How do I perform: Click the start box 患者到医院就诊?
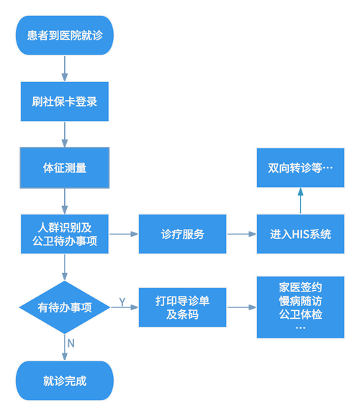pos(66,35)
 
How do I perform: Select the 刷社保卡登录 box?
pos(66,101)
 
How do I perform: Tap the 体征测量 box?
pos(66,168)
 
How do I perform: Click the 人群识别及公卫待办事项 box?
pos(66,234)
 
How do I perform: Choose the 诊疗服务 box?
pos(182,234)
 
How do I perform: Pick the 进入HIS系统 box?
pos(300,234)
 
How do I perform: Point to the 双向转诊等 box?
pos(300,168)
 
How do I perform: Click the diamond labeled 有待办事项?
pos(66,307)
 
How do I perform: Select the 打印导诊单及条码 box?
pos(182,307)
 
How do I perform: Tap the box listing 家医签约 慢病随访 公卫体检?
pos(300,307)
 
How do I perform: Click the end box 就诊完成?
pos(66,381)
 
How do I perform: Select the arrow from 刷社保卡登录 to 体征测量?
pos(66,134)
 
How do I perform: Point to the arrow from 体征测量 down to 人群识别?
pos(66,201)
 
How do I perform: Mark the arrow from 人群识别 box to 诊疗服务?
pos(124,234)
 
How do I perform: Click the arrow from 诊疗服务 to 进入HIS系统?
pos(241,234)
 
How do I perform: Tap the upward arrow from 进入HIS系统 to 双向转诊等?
pos(300,201)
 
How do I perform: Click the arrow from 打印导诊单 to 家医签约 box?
pos(241,307)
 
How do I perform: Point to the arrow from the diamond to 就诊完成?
pos(66,345)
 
